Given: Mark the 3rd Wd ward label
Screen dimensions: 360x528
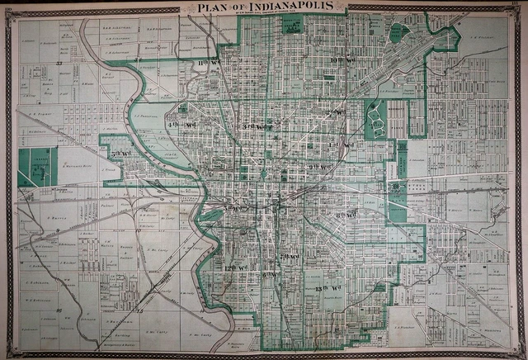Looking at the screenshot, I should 252,126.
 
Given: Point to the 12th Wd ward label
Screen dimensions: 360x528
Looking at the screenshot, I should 236,268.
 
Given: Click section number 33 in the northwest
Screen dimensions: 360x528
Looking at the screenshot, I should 60,62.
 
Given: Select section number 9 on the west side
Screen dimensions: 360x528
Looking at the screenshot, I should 59,235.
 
